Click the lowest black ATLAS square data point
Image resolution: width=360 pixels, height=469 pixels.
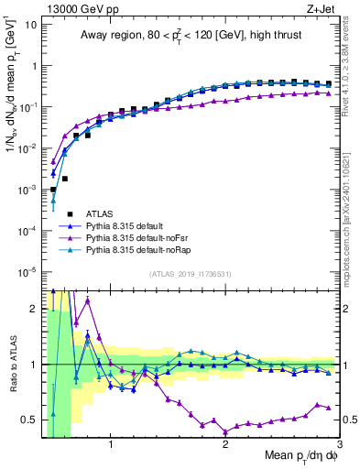point(53,190)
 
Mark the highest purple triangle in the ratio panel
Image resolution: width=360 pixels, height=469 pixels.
point(87,300)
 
